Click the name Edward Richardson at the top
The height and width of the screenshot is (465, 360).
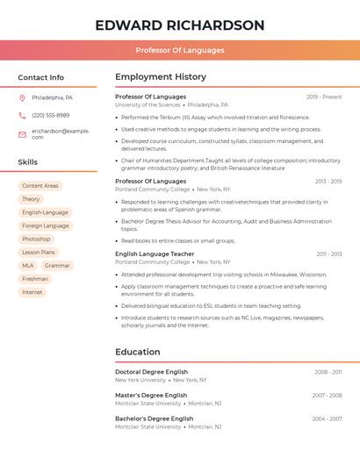tap(180, 25)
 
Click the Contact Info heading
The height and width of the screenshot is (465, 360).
tap(40, 77)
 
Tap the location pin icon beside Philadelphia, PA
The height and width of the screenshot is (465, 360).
tap(22, 97)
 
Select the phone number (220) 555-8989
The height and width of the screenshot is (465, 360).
tap(50, 115)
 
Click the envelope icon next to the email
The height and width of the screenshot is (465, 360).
tap(22, 133)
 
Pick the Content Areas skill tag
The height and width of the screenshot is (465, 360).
tap(40, 186)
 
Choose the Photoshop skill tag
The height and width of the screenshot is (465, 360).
tap(36, 239)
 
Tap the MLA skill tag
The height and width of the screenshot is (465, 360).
tap(28, 265)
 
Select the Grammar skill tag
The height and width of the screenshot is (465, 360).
tap(57, 265)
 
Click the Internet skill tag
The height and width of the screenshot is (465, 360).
tap(32, 292)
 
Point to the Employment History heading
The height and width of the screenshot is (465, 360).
tap(161, 77)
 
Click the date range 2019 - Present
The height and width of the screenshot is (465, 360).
tap(324, 97)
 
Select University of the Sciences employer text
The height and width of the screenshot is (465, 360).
tap(148, 104)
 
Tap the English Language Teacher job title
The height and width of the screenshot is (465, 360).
tap(155, 254)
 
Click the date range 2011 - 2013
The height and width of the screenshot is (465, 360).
tap(328, 254)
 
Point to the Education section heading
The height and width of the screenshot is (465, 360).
tap(137, 352)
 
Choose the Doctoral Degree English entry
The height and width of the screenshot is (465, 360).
tap(151, 372)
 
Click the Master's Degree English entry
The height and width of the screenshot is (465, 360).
tap(150, 395)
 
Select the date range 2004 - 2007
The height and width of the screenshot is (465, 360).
tap(327, 418)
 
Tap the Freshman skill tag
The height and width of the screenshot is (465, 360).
tap(35, 279)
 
